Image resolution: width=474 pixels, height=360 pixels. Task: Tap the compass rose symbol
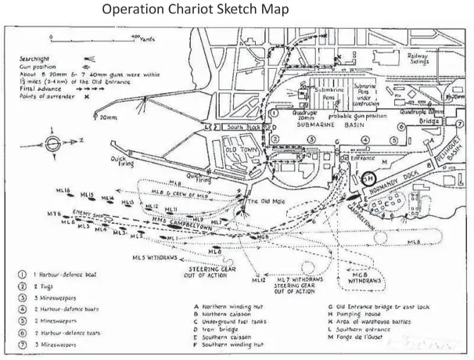pos(52,144)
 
